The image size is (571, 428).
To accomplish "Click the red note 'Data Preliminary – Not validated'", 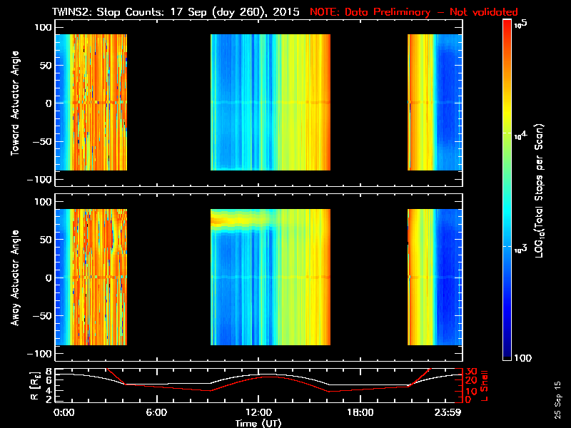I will [414, 12].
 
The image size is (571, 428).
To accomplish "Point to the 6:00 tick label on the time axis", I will [156, 412].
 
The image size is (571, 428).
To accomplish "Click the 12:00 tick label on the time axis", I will [258, 412].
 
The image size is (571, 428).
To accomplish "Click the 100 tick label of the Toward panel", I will [45, 26].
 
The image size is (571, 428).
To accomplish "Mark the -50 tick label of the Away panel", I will [43, 315].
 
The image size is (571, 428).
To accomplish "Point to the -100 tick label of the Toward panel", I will [41, 179].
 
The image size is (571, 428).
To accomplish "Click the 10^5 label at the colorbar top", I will [521, 24].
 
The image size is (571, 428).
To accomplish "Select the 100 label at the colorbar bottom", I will [523, 358].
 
